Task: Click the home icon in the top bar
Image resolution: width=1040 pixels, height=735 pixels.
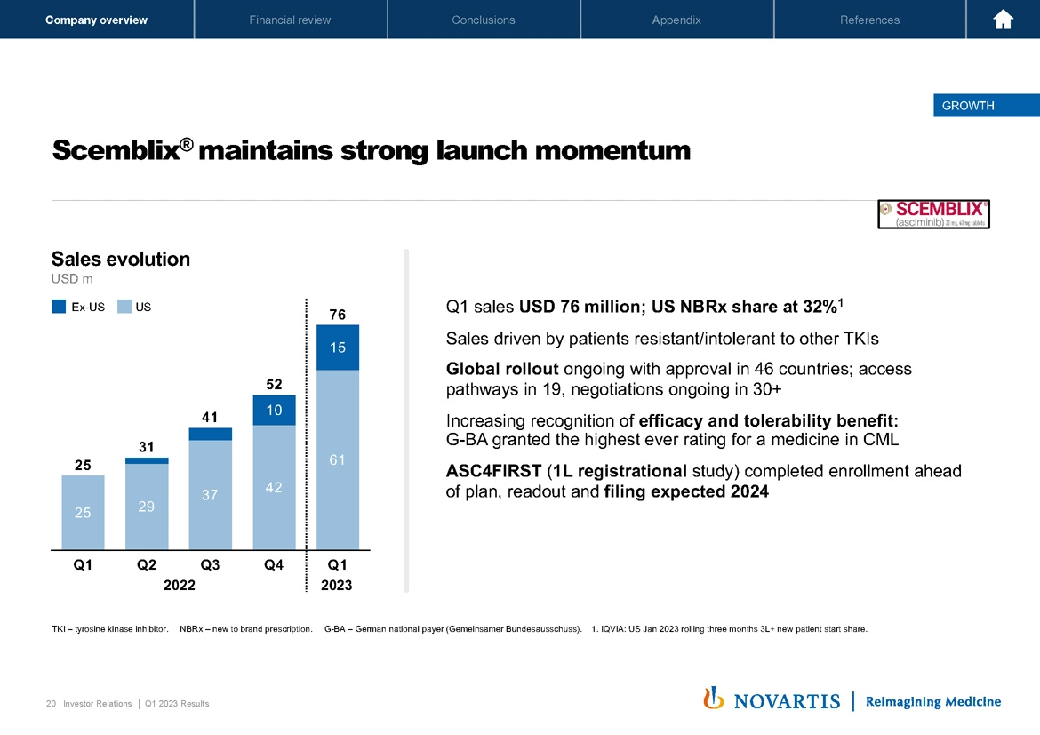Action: [x=1004, y=20]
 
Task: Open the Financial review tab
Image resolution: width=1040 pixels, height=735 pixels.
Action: [x=290, y=20]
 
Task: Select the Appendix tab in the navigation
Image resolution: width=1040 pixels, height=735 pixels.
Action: [x=676, y=20]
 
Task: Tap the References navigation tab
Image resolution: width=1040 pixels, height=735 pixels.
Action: [x=869, y=20]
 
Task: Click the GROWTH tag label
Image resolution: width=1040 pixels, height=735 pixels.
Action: [x=968, y=106]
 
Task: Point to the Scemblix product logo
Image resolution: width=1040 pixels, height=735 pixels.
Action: [x=933, y=213]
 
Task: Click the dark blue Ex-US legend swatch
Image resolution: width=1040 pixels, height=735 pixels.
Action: [x=60, y=307]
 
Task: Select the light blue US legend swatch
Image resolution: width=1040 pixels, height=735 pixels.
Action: [x=124, y=307]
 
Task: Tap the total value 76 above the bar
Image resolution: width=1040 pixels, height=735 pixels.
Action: [x=337, y=315]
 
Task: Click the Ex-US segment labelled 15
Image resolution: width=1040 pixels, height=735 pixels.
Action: [x=338, y=348]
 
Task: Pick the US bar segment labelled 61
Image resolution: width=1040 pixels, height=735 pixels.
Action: [x=338, y=459]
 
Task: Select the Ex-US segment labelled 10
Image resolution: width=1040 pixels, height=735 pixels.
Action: [x=274, y=410]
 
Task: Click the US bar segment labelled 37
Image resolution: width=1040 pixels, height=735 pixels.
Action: [x=210, y=494]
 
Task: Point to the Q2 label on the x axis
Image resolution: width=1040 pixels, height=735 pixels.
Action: [x=147, y=564]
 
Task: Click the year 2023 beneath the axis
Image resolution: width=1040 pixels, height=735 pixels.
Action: [x=337, y=585]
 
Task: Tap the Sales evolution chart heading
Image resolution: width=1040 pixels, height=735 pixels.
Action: [x=121, y=260]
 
